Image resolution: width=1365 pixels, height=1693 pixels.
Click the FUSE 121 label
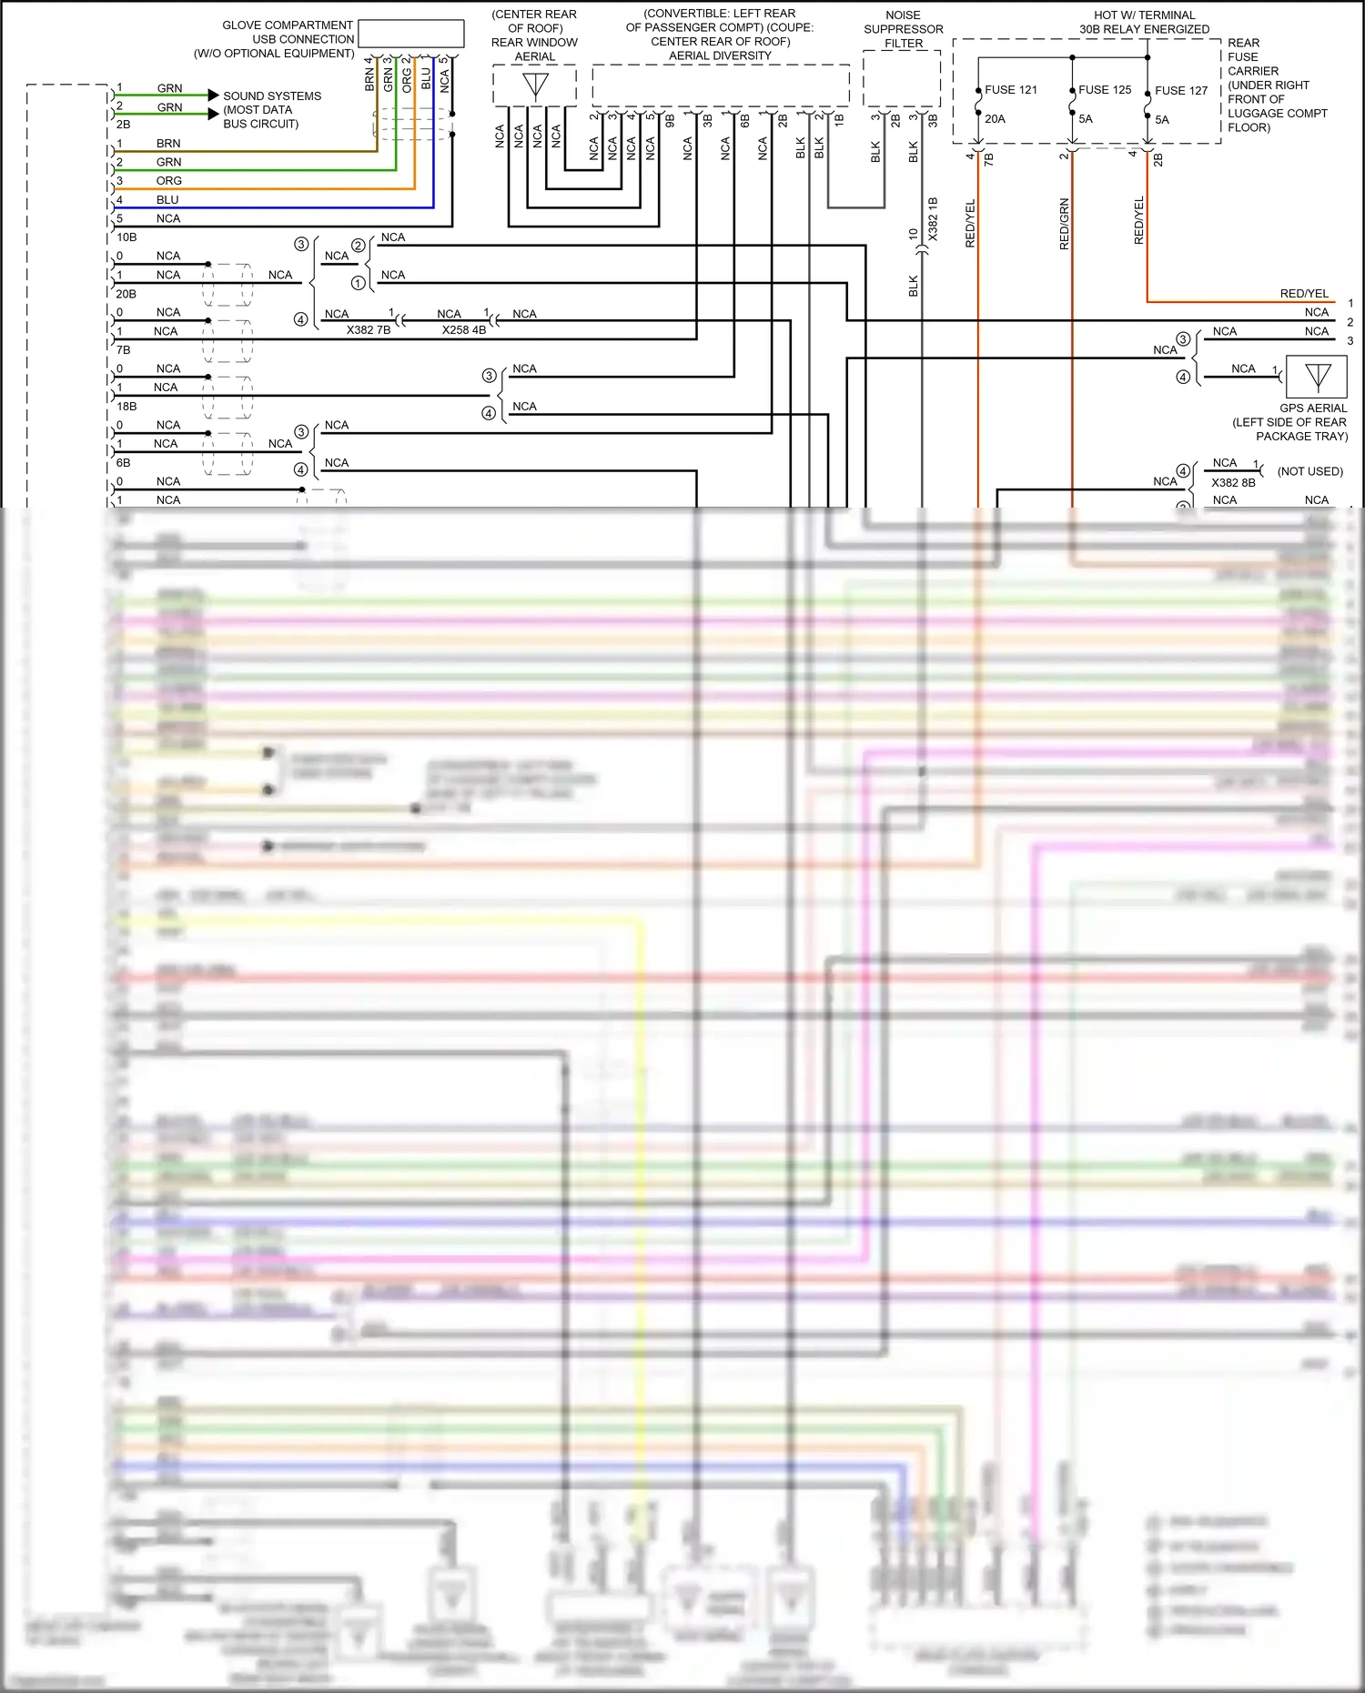coord(1010,90)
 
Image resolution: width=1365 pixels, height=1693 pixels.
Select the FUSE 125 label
coord(1104,90)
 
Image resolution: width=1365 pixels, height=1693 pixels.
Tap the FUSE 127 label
coord(1180,91)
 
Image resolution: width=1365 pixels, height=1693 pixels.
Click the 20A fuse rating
coord(995,119)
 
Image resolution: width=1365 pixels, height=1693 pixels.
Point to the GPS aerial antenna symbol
coord(1317,376)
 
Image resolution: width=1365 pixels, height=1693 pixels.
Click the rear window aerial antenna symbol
coord(535,86)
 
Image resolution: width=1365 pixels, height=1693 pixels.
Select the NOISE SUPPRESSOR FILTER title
coord(903,29)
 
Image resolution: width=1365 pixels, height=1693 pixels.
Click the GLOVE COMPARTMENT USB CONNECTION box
coord(410,34)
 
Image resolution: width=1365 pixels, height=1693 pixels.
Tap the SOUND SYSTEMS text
coord(272,96)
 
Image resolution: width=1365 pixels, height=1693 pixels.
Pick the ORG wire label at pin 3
coord(168,181)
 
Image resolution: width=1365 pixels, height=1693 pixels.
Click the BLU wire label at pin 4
coord(167,200)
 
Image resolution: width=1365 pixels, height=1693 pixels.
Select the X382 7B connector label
coord(368,330)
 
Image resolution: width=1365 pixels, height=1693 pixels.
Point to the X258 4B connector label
coord(463,330)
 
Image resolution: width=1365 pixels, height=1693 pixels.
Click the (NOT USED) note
coord(1309,471)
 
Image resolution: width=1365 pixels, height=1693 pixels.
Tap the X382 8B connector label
coord(1232,483)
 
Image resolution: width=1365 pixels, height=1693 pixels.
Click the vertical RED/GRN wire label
coord(1064,224)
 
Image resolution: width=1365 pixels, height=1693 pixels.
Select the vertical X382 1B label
coord(932,219)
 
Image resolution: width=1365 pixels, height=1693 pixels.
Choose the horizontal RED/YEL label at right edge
coord(1303,294)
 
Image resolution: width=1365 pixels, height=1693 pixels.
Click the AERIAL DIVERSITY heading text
coord(719,56)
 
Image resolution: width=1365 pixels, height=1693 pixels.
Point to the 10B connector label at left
coord(126,237)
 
